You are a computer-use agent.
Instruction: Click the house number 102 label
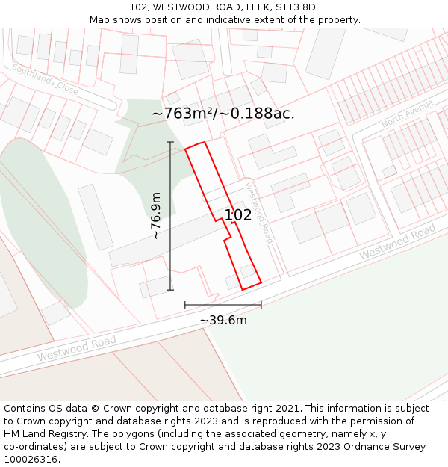pos(238,215)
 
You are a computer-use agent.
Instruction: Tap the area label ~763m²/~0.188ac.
pos(223,114)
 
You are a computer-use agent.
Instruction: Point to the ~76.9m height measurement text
pos(155,216)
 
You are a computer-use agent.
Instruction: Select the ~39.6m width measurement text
pos(223,320)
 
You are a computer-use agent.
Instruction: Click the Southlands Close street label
pos(45,78)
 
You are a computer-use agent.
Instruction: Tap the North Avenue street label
pos(407,113)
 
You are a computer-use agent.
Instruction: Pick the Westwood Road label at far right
pos(396,243)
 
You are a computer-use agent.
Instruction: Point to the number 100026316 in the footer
pos(29,460)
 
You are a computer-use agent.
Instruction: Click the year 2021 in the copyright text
pos(285,409)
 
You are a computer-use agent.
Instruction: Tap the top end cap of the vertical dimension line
pos(170,142)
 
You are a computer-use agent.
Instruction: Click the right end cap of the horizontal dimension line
pos(261,305)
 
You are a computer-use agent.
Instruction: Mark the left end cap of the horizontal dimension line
pos(185,305)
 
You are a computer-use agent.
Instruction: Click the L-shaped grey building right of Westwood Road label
pos(289,191)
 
